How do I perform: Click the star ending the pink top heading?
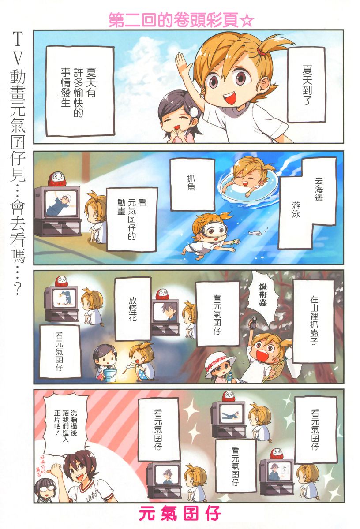tap(247, 20)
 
